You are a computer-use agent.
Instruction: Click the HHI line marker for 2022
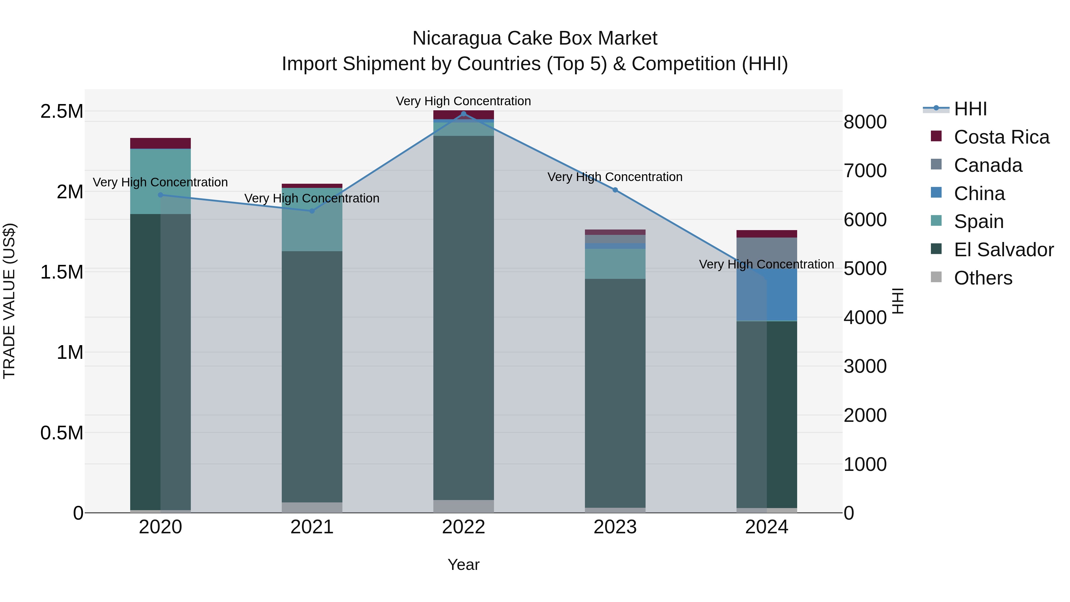click(464, 114)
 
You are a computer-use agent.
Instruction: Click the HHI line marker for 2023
click(615, 190)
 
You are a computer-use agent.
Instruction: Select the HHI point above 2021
click(312, 211)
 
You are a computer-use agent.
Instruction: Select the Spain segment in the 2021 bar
click(312, 219)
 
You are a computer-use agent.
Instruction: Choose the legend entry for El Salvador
click(1003, 250)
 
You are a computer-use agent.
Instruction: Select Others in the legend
click(983, 278)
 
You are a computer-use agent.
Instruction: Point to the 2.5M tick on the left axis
click(62, 111)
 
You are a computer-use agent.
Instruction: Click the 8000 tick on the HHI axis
click(865, 122)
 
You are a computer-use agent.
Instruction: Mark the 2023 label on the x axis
click(615, 527)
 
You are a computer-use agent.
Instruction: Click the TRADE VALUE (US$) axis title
click(9, 301)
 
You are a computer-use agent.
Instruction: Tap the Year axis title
click(464, 565)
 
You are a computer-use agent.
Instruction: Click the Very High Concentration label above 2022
click(464, 101)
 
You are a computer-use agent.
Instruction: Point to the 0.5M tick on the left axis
click(62, 433)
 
